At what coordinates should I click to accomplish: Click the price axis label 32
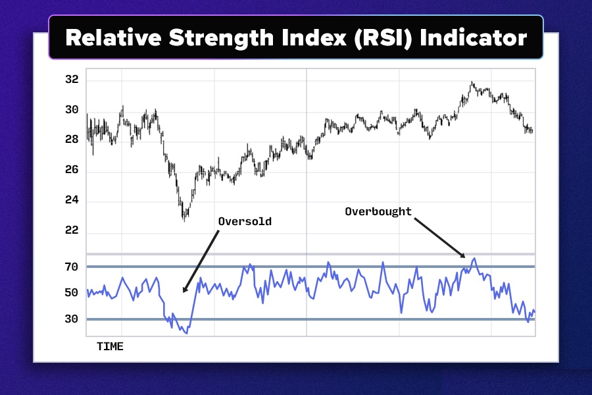tap(72, 80)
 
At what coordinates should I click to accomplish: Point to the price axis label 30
tap(72, 110)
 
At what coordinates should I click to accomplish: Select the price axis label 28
tap(72, 140)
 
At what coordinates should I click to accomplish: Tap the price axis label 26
tap(72, 170)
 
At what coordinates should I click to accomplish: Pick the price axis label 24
tap(72, 200)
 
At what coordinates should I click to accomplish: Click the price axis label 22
tap(72, 230)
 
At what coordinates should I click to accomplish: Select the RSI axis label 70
tap(72, 267)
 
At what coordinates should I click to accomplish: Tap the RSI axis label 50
tap(72, 292)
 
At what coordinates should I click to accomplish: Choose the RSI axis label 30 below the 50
tap(72, 319)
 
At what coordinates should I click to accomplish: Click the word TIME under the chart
tap(110, 346)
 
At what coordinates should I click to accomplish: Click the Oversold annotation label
tap(245, 222)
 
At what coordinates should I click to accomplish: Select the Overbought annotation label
tap(378, 211)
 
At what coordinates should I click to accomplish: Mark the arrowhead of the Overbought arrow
tap(464, 257)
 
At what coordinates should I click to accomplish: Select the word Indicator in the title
tap(474, 38)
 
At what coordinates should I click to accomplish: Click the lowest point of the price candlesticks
tap(184, 220)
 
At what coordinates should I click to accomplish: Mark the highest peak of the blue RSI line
tap(474, 259)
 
